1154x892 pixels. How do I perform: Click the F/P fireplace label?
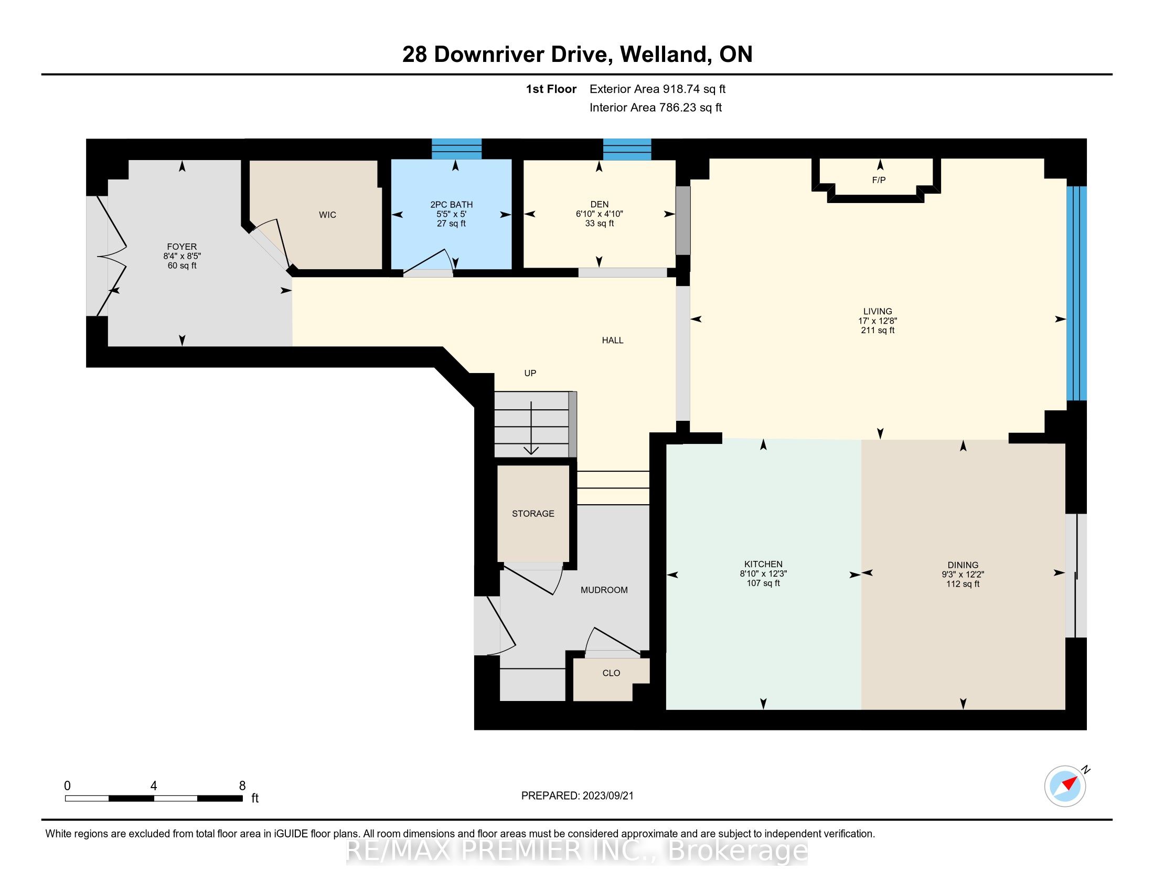(x=879, y=180)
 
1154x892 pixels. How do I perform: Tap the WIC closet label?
(x=328, y=215)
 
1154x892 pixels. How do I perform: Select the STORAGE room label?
(x=533, y=514)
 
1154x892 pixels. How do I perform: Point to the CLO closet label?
(x=611, y=673)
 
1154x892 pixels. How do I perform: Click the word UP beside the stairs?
(x=530, y=373)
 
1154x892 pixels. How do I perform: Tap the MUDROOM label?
(x=604, y=590)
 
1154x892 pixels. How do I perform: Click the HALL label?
(x=612, y=341)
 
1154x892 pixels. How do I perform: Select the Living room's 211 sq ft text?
(x=878, y=330)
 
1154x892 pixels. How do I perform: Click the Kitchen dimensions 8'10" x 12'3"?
(x=764, y=574)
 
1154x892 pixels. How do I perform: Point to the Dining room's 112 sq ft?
(x=963, y=584)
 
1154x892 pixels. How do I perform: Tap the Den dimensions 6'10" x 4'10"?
(x=599, y=214)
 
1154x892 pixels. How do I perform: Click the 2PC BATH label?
(x=451, y=205)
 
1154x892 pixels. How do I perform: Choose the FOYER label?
(x=182, y=247)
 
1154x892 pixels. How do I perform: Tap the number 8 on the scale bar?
(x=242, y=786)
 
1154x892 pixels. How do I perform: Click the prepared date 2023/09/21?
(x=607, y=796)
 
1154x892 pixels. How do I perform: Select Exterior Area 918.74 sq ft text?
(x=657, y=89)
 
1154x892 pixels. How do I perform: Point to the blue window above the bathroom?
(x=456, y=149)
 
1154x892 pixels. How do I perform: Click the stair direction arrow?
(x=531, y=428)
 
